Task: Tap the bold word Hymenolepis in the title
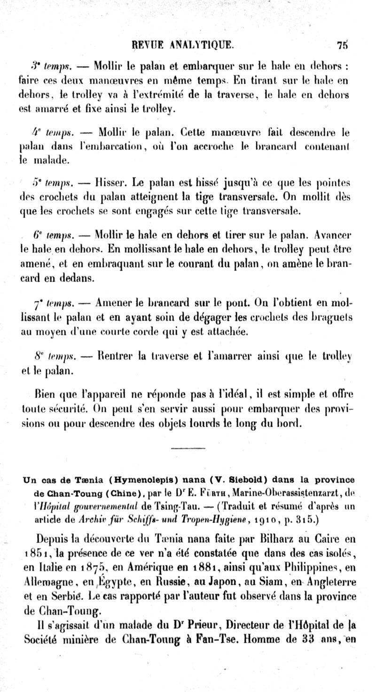[140, 480]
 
